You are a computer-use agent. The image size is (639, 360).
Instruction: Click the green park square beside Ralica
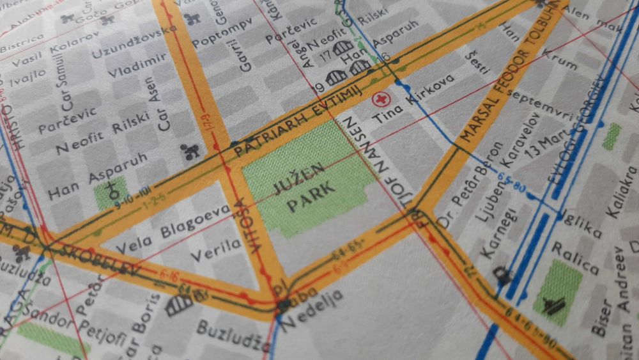pyautogui.click(x=558, y=292)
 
